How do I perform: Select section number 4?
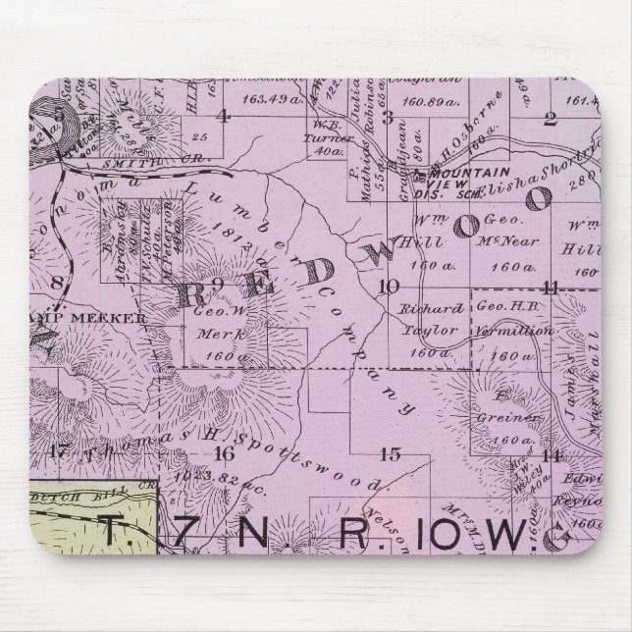click(x=224, y=116)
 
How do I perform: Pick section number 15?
click(x=390, y=452)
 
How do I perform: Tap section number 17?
click(x=57, y=451)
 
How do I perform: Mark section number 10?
click(x=389, y=286)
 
